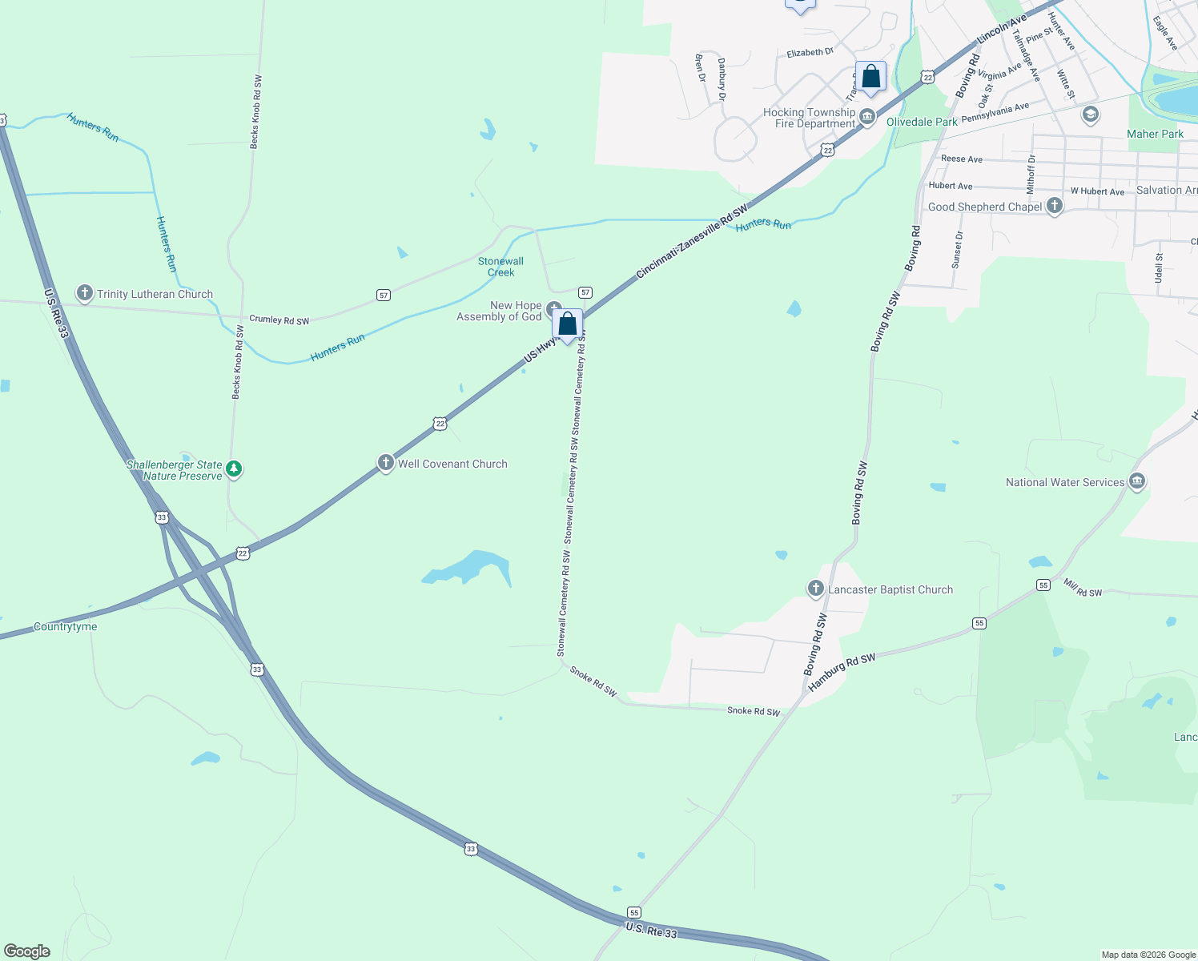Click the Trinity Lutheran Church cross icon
point(85,293)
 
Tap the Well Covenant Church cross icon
point(386,463)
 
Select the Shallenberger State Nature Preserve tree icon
point(234,468)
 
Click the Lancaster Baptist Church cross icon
point(816,589)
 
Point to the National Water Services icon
point(1137,481)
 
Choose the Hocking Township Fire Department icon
point(867,119)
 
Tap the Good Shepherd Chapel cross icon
point(1055,206)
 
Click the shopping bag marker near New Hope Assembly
point(568,324)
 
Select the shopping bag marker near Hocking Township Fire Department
point(871,78)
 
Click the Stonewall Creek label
point(501,267)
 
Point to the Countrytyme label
point(66,627)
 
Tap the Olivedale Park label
point(922,122)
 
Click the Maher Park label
point(1155,134)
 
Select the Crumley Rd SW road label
point(279,320)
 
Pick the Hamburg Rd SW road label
point(842,672)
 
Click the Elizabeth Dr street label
point(810,53)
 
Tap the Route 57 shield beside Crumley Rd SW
point(384,296)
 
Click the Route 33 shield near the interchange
point(163,517)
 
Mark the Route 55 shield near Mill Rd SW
point(1043,585)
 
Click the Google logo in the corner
point(27,951)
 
